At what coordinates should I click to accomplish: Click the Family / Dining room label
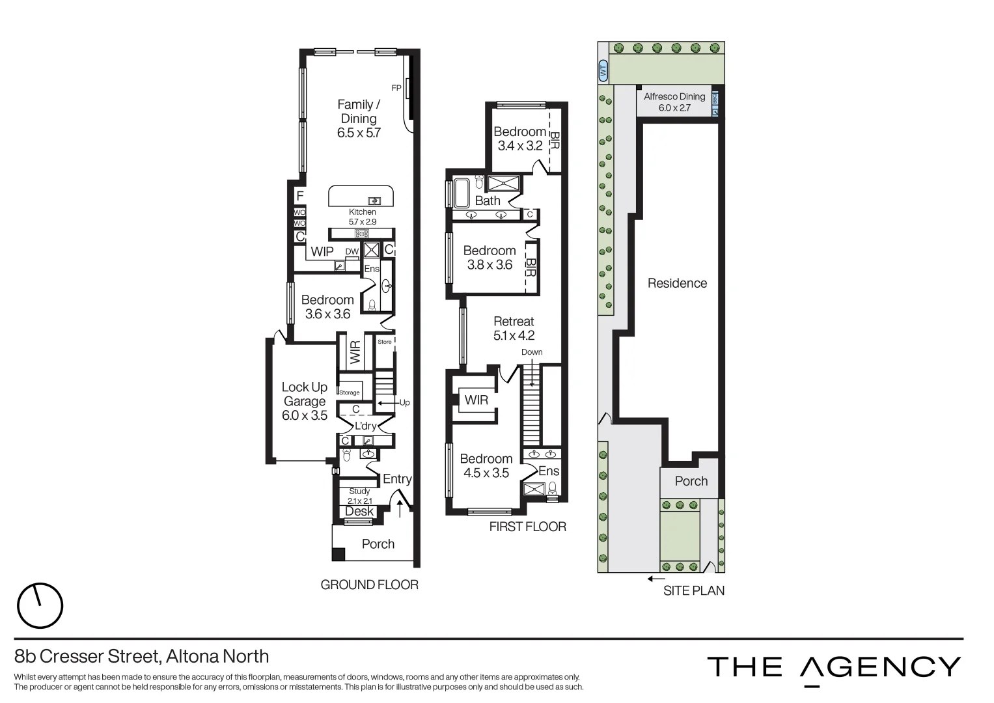coord(359,118)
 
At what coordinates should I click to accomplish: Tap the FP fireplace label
coord(396,88)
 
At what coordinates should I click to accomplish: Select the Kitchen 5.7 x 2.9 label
coord(363,217)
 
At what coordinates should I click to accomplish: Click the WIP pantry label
coord(322,252)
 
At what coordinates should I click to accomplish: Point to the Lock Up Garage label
coord(305,401)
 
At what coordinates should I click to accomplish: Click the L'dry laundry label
coord(365,426)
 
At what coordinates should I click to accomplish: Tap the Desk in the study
coord(359,512)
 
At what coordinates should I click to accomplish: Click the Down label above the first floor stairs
coord(532,352)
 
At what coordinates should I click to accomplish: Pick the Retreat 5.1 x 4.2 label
coord(514,329)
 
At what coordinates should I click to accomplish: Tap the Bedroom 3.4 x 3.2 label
coord(519,139)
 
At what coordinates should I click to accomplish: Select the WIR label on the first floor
coord(476,400)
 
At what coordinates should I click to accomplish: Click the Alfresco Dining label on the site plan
coord(674,102)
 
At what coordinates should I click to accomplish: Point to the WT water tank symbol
coord(603,70)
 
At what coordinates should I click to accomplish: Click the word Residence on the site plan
coord(677,283)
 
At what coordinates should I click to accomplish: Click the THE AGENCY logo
coord(834,668)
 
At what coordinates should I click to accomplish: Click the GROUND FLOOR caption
coord(369,585)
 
